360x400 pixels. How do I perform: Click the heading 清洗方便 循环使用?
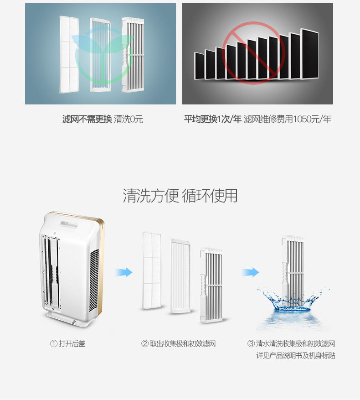(x=180, y=196)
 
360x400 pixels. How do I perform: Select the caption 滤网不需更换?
(x=87, y=119)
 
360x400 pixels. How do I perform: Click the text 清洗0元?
(x=129, y=119)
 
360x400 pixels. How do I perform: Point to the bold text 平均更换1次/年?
(x=212, y=119)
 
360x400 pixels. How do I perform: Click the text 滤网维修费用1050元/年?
(x=287, y=119)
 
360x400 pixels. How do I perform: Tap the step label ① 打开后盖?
(x=67, y=343)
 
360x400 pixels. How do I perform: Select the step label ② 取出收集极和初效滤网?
(x=178, y=343)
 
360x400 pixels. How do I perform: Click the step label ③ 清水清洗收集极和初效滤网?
(x=291, y=343)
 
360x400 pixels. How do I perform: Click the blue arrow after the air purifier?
(x=123, y=272)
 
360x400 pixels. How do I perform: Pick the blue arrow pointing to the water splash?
(x=250, y=272)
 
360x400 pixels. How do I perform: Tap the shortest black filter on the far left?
(x=199, y=66)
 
